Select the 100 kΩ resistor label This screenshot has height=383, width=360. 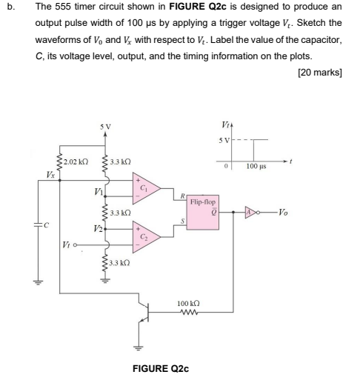point(189,304)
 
